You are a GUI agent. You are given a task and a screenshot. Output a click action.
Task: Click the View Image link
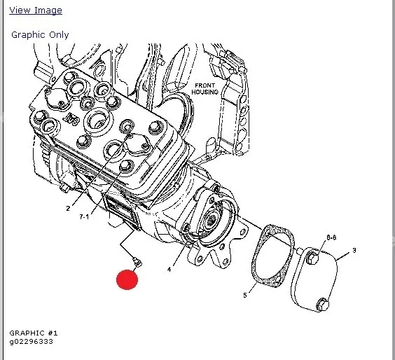(36, 11)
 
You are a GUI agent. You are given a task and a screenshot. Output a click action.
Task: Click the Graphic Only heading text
(40, 35)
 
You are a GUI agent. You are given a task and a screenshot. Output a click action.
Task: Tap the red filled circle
(127, 279)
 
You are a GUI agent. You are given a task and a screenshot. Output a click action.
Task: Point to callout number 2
(68, 208)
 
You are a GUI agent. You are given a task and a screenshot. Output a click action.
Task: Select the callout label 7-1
(84, 216)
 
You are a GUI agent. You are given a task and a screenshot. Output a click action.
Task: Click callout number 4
(169, 270)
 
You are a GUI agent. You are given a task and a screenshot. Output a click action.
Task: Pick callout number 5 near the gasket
(245, 295)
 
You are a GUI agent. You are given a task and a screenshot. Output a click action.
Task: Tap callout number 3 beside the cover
(354, 251)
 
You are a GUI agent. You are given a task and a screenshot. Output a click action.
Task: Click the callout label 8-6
(331, 237)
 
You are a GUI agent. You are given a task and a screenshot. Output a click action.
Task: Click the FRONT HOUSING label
(205, 89)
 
